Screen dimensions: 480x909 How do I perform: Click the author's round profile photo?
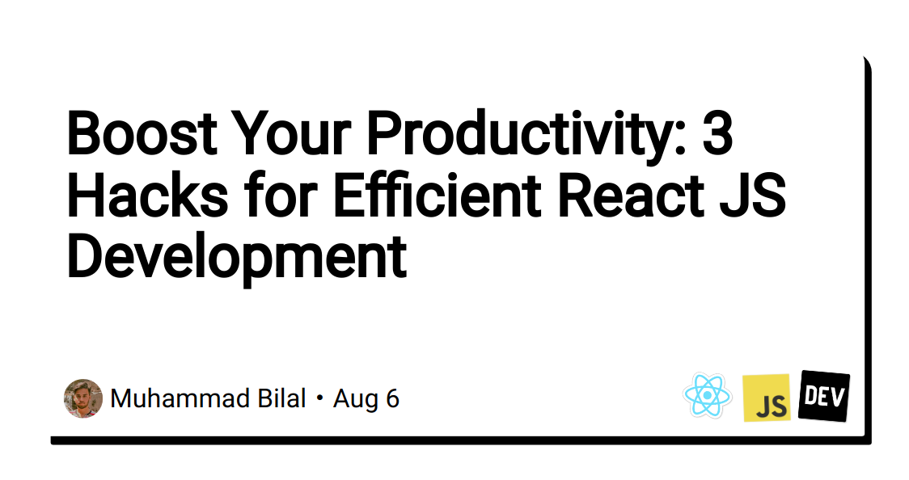coord(83,398)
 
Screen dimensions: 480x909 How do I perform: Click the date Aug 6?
coord(366,398)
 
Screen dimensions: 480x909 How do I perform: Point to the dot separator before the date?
coord(320,399)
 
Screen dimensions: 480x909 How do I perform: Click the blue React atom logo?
coord(707,396)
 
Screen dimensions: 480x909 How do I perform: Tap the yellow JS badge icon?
coord(767,398)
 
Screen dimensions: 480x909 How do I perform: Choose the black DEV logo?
coord(824,395)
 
